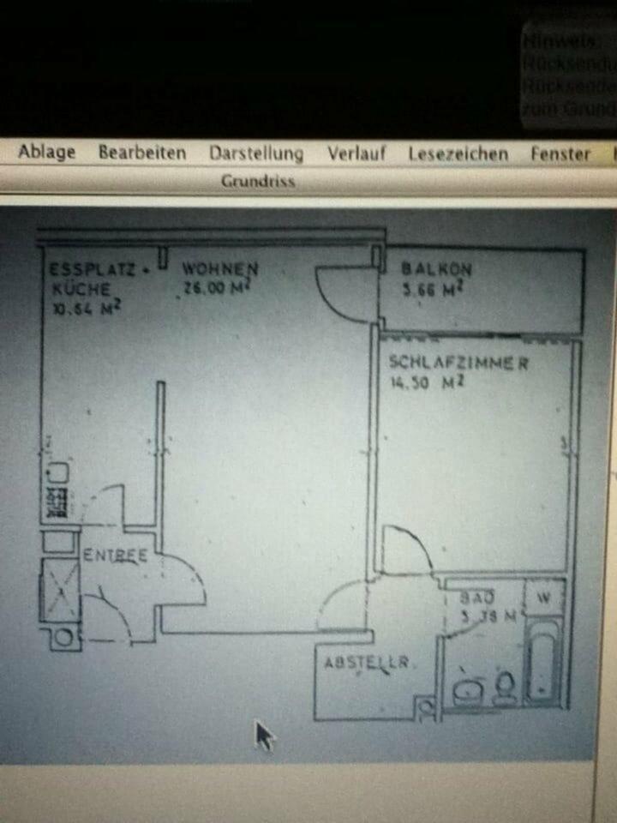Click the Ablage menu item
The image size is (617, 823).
click(x=47, y=153)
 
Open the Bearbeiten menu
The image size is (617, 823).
click(x=141, y=153)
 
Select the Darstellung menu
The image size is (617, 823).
click(x=255, y=153)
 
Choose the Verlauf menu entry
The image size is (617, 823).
click(x=356, y=153)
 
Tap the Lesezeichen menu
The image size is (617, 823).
click(x=458, y=154)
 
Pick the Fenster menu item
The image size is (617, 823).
click(x=560, y=154)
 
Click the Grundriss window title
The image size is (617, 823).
click(x=258, y=181)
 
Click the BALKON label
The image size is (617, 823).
click(x=436, y=268)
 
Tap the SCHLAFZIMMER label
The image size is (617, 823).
click(x=458, y=362)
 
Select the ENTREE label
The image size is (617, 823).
click(x=115, y=555)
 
